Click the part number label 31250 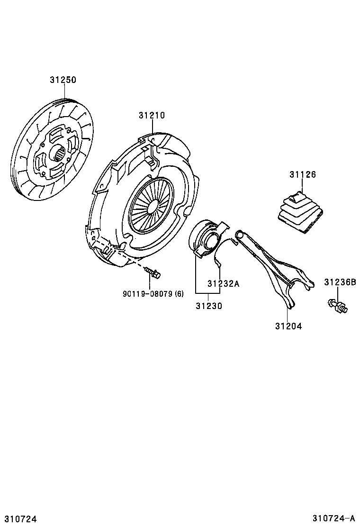click(63, 80)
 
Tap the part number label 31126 click(303, 174)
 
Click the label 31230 click(208, 306)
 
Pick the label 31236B click(340, 282)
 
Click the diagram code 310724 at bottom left click(20, 519)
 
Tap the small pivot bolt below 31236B click(337, 306)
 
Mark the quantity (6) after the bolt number click(179, 294)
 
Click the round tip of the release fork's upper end click(240, 233)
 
